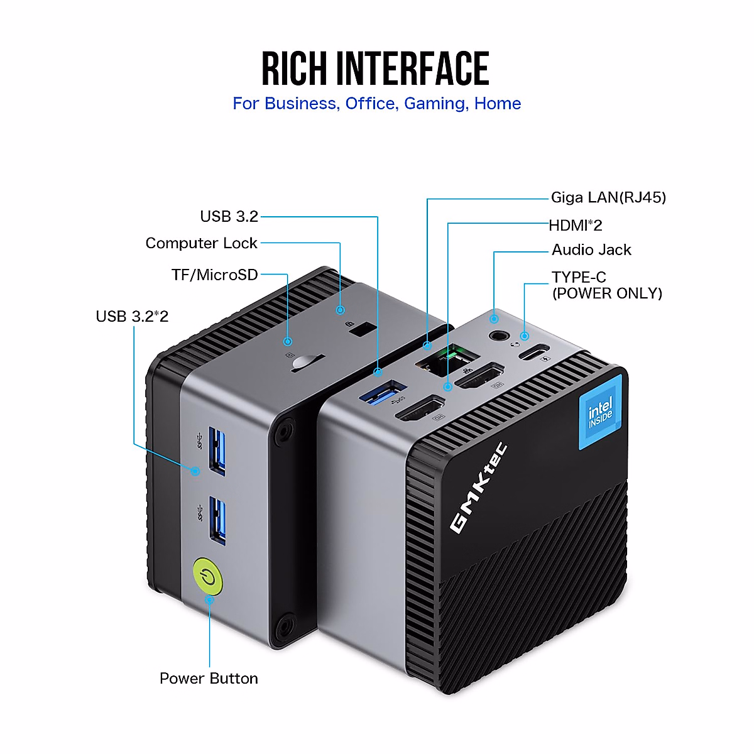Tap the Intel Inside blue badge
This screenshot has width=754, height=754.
(600, 413)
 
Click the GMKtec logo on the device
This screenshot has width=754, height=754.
(478, 488)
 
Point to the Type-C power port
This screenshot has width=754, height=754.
(533, 352)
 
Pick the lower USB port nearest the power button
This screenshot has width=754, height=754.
(217, 520)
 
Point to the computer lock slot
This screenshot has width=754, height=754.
(360, 329)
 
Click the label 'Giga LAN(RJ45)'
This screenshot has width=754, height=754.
(608, 198)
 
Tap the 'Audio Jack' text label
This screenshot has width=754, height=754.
(591, 250)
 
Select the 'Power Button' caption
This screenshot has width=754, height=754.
(209, 679)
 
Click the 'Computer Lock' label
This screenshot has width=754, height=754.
(201, 243)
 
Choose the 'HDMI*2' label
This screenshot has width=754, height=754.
(576, 225)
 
